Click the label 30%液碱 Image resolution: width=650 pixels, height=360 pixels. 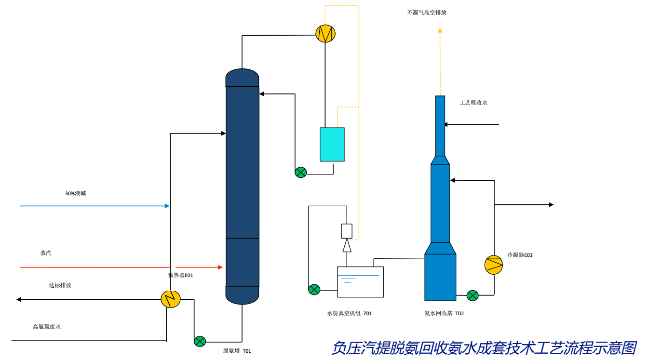click(75, 193)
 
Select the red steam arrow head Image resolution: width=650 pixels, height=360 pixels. click(220, 267)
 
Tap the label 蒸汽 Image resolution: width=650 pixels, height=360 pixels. click(46, 253)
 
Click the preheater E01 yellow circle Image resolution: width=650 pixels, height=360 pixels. click(170, 299)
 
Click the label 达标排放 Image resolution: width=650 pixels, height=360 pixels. click(60, 285)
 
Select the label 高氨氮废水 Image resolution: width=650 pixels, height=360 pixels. click(47, 327)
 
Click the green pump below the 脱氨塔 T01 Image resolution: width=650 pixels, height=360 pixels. click(200, 341)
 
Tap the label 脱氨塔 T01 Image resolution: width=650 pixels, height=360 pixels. click(237, 351)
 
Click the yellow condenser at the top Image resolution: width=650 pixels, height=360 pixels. click(325, 33)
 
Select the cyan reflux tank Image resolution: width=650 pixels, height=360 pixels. click(332, 144)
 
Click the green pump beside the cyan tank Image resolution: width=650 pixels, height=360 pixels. click(301, 172)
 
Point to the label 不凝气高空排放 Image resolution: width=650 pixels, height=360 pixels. click(427, 13)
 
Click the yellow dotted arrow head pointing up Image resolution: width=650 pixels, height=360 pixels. click(440, 30)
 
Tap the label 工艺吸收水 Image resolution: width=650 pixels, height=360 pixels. click(474, 103)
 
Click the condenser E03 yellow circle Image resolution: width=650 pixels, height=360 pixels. click(494, 265)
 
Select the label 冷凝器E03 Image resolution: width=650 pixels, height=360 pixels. click(519, 255)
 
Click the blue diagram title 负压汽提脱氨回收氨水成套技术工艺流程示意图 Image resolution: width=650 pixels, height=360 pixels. click(484, 348)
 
